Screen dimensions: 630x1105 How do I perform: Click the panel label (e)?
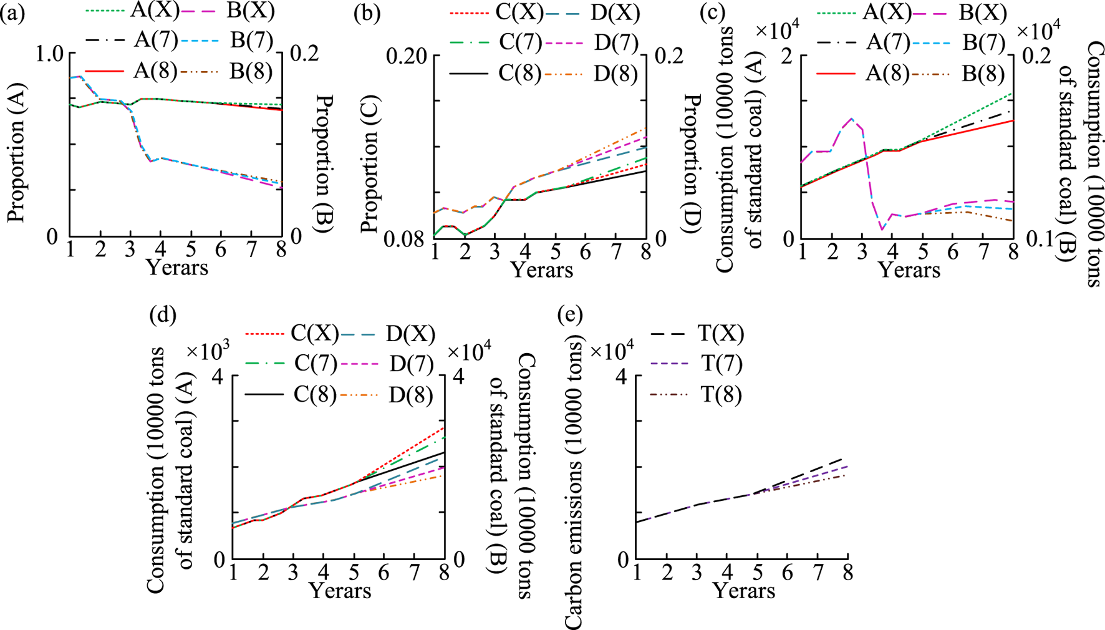coord(569,316)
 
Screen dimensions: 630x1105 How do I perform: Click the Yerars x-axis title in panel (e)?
coord(743,590)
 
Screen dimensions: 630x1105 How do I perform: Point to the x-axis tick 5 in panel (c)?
coord(922,252)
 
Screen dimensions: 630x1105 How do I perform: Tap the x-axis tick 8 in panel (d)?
coord(444,573)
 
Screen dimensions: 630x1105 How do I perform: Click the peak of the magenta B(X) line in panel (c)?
coord(852,118)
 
